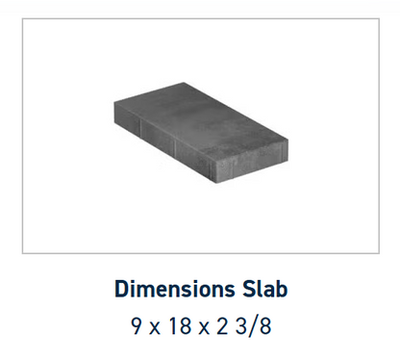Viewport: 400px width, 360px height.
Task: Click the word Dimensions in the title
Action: (175, 289)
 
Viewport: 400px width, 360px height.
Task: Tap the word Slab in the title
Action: (264, 289)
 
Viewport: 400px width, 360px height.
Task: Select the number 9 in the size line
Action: (137, 326)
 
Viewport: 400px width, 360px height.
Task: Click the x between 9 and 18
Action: (155, 328)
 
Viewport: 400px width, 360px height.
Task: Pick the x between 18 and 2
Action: (204, 328)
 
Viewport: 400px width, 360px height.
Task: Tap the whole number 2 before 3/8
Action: (222, 326)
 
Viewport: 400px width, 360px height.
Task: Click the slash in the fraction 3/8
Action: (253, 326)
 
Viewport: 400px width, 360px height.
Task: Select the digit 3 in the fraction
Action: (241, 326)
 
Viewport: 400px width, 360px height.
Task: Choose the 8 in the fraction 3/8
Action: (265, 326)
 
